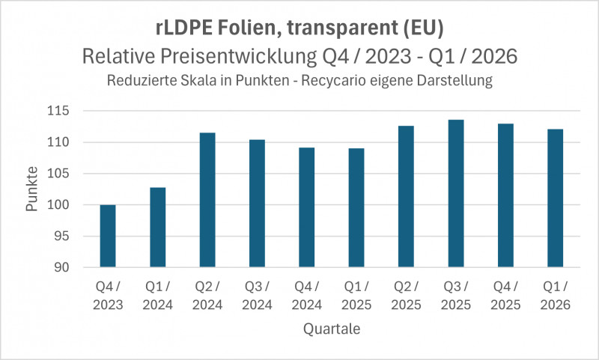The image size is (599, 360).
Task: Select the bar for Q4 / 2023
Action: coord(109,236)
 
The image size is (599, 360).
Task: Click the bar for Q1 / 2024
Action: coord(158,227)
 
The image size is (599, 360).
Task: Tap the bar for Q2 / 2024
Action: coord(207,200)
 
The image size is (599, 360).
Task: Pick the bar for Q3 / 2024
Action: coord(257,204)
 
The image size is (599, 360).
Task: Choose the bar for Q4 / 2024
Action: coord(307,207)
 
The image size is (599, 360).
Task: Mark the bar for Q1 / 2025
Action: coord(356,207)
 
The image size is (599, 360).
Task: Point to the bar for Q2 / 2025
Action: coord(406,196)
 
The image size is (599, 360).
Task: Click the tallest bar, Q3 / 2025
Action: coord(455,193)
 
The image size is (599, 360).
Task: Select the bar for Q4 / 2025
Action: coord(505,195)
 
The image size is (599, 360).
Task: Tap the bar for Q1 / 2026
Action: coord(555,198)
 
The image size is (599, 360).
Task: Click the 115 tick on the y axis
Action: coord(61,111)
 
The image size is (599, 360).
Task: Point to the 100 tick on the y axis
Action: coord(61,205)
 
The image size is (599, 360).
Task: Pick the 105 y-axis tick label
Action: coord(61,174)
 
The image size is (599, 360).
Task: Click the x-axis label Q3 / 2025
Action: coord(455,296)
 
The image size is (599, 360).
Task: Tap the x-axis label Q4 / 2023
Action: coord(109,296)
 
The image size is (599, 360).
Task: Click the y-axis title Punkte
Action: coord(32,190)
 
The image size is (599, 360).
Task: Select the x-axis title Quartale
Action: coord(332,329)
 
